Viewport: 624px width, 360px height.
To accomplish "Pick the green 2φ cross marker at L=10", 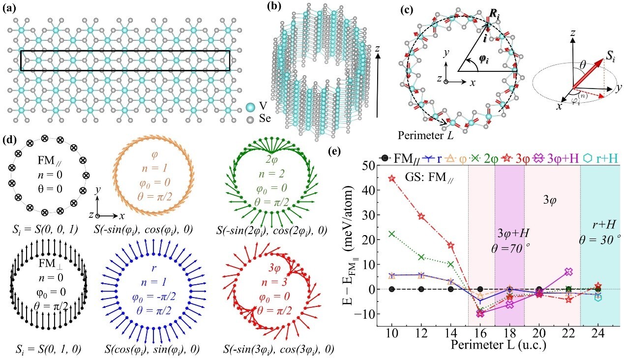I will point(391,234).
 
